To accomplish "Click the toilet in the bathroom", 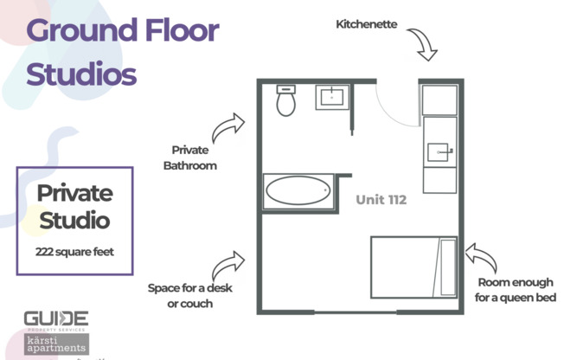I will [x=286, y=102].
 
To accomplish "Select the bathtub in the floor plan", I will [x=298, y=190].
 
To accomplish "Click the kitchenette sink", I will [x=439, y=152].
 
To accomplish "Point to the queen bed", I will [x=413, y=267].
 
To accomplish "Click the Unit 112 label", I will [x=381, y=200].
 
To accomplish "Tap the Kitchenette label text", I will [x=367, y=24].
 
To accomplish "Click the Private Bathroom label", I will [x=190, y=157].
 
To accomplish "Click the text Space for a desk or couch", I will [x=189, y=295].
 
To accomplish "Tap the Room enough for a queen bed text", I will [x=516, y=290].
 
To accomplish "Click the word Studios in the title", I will [x=81, y=74].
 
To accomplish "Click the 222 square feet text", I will [x=74, y=253].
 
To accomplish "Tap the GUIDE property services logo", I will [x=55, y=320].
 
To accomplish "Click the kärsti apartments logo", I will [x=55, y=344].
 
